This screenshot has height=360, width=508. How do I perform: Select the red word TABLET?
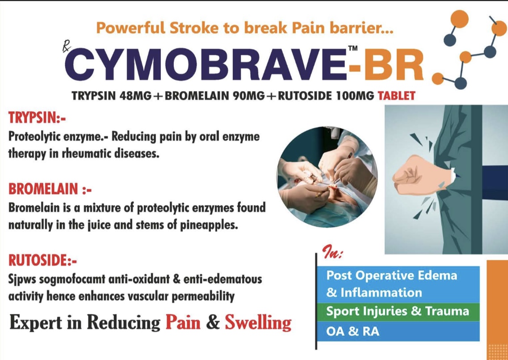click(x=397, y=95)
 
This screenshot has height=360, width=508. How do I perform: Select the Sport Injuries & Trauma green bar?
click(x=398, y=311)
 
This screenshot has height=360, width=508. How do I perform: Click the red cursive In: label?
click(x=333, y=253)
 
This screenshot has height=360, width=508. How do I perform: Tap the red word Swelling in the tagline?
click(x=258, y=322)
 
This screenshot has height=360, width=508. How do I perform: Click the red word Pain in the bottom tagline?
click(x=183, y=322)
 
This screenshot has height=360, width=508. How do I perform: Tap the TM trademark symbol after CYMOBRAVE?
click(x=353, y=49)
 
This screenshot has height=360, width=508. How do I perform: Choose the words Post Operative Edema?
click(x=392, y=275)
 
